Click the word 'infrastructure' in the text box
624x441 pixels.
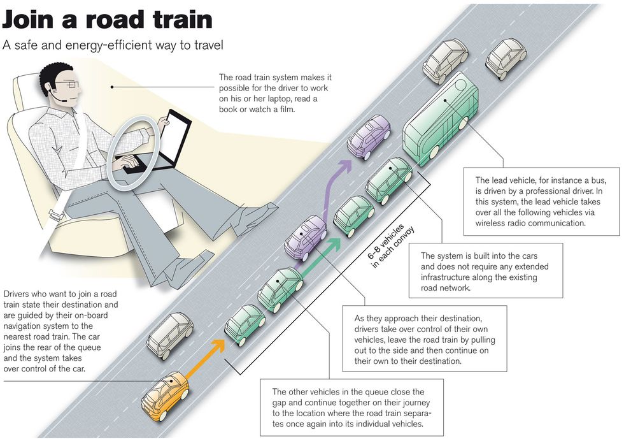(453, 277)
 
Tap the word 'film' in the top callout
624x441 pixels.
(299, 110)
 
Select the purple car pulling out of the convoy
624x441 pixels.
(305, 237)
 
